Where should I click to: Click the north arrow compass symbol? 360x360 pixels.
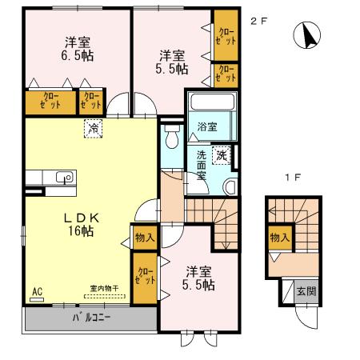[x=307, y=35]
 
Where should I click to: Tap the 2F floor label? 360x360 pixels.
[x=258, y=22]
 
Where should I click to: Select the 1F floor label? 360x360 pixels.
[x=293, y=178]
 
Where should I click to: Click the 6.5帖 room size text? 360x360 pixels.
[x=78, y=56]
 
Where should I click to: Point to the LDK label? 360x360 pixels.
[x=82, y=218]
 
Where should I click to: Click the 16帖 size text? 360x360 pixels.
[x=81, y=231]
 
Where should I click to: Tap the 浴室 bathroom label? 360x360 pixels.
[x=207, y=127]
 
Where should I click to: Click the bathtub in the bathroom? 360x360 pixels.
[x=212, y=102]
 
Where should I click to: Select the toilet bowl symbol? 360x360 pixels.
[x=172, y=137]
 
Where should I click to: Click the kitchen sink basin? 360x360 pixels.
[x=64, y=177]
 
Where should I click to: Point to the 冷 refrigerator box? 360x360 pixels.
[x=94, y=129]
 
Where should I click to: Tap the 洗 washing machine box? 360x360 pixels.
[x=222, y=155]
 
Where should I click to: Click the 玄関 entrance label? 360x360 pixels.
[x=306, y=291]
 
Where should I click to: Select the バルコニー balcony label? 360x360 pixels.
[x=91, y=318]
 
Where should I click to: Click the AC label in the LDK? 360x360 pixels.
[x=38, y=292]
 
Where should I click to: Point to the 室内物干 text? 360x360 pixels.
[x=104, y=288]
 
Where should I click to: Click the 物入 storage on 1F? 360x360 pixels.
[x=280, y=238]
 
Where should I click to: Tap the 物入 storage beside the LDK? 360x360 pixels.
[x=145, y=238]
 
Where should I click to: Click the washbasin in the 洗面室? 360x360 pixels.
[x=230, y=186]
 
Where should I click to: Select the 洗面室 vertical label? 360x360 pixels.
[x=202, y=166]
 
